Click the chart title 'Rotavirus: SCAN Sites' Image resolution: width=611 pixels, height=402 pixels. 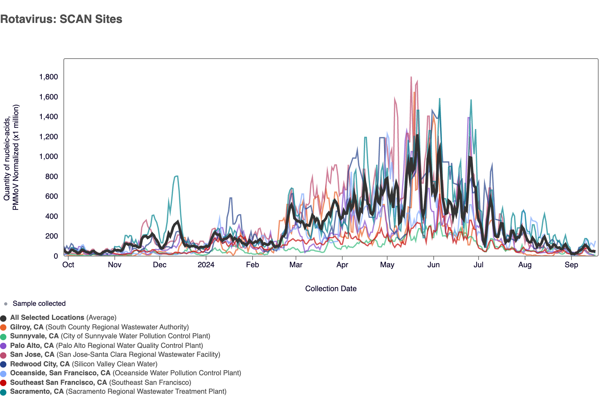click(61, 19)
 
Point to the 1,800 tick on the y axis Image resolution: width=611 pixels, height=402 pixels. click(48, 77)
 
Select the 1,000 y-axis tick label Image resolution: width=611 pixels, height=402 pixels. click(48, 156)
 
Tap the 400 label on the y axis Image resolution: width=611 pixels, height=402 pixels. click(52, 216)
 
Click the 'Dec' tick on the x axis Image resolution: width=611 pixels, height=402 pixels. click(159, 265)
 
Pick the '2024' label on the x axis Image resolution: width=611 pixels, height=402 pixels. click(206, 265)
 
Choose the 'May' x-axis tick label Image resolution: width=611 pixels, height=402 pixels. click(387, 265)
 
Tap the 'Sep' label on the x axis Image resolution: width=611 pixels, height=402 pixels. click(571, 265)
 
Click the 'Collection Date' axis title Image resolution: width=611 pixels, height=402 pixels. click(331, 289)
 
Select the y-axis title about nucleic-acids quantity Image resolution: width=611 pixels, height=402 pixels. click(11, 157)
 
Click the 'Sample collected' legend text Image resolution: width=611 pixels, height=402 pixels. click(39, 304)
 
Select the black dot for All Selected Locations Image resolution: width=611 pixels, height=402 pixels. click(4, 318)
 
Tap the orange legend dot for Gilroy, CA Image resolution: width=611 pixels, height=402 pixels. click(4, 327)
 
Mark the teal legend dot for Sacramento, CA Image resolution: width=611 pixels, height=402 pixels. click(4, 392)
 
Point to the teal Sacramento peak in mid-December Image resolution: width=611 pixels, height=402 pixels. click(176, 176)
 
